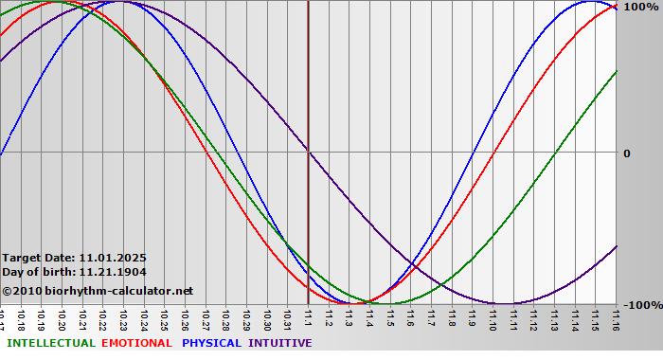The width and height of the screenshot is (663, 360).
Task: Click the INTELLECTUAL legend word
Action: (51, 343)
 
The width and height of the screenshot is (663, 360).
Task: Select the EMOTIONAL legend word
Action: (136, 343)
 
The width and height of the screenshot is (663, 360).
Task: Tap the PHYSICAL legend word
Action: (211, 343)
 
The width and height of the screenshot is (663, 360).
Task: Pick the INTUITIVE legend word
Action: (280, 343)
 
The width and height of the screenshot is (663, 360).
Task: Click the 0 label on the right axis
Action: (626, 153)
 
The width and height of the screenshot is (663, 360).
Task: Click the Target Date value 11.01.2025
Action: (113, 257)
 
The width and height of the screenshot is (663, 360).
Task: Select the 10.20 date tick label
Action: (62, 319)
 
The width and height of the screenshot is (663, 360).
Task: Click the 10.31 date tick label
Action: (287, 319)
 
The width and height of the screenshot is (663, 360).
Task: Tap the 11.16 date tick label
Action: (616, 319)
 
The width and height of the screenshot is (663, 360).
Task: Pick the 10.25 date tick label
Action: (164, 319)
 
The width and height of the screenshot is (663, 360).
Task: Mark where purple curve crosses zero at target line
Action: (308, 152)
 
